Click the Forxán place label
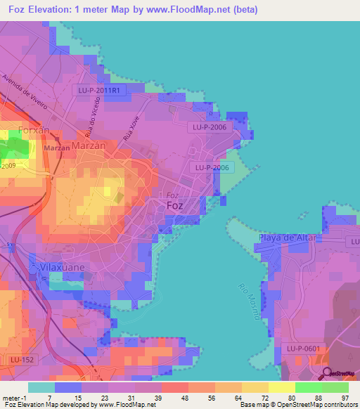click(33, 130)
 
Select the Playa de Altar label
click(285, 238)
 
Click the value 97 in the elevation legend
click(344, 397)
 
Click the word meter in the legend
click(12, 397)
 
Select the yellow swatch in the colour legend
click(281, 387)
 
